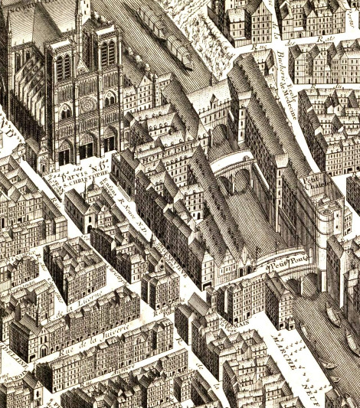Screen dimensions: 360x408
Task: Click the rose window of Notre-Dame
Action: coord(88,103)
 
